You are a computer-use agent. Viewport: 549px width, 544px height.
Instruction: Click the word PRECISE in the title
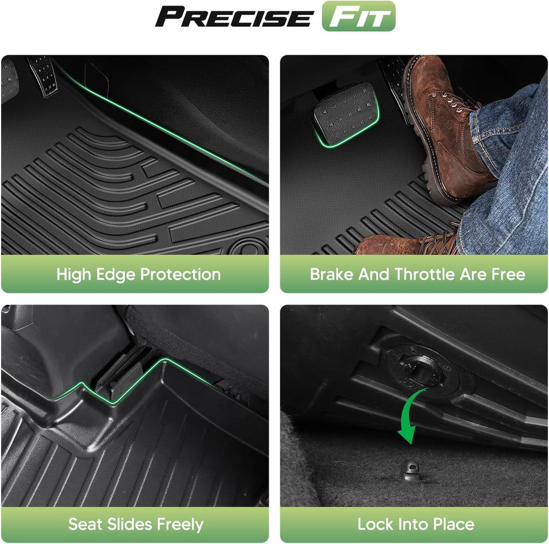click(x=234, y=17)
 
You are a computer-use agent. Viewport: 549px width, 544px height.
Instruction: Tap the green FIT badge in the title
click(x=359, y=16)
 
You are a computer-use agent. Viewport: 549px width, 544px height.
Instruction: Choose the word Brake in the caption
click(x=331, y=274)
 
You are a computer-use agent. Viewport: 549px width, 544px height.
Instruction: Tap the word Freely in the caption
click(x=180, y=525)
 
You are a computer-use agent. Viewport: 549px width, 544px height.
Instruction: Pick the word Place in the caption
click(x=454, y=524)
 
